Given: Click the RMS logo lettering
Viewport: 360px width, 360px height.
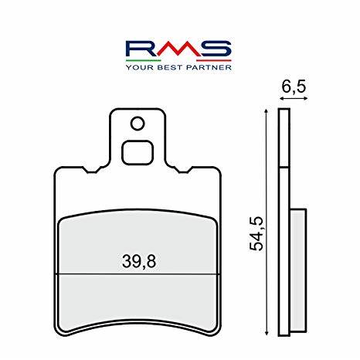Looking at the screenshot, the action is [x=178, y=49].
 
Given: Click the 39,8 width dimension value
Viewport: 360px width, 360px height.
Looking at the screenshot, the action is [x=139, y=261].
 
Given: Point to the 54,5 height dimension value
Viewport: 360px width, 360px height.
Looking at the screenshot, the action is [x=256, y=233].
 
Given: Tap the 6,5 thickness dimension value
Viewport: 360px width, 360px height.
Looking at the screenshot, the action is [x=294, y=87].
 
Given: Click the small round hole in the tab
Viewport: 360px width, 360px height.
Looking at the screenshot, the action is [x=138, y=124].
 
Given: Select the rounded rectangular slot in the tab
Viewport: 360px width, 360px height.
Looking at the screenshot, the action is [x=138, y=152].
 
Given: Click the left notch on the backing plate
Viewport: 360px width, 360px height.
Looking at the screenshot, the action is [x=93, y=170].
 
